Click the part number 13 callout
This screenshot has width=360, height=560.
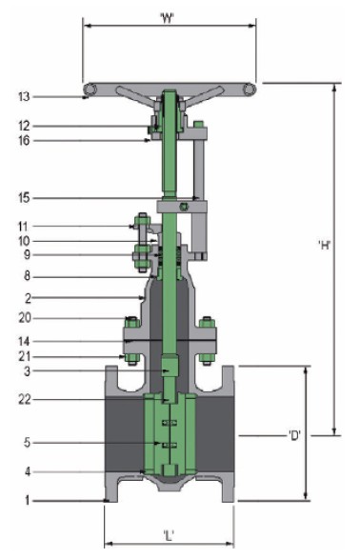coord(25,97)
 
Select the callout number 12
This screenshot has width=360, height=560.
coord(25,126)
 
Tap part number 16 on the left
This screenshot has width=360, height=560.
coord(25,141)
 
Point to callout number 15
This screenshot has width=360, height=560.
coord(25,198)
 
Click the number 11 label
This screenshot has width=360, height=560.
coord(25,227)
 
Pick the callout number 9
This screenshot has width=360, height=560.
coord(27,255)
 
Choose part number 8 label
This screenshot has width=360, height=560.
coord(27,277)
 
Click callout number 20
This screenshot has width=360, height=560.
coord(25,318)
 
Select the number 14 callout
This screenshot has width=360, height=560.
coord(25,341)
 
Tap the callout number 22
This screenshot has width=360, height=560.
coord(25,400)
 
